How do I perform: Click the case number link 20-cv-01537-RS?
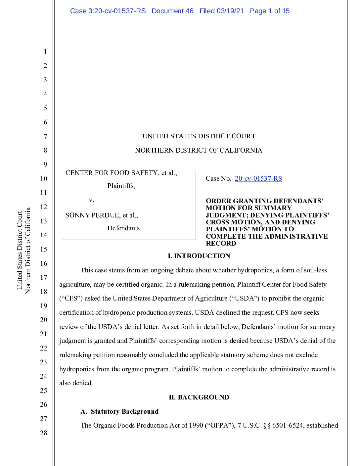pyautogui.click(x=258, y=179)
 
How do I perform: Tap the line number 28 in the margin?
pyautogui.click(x=44, y=433)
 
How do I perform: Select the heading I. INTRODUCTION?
pyautogui.click(x=199, y=256)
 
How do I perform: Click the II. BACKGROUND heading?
pyautogui.click(x=199, y=397)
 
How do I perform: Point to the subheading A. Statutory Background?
pyautogui.click(x=119, y=411)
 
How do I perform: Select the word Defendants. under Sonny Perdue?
pyautogui.click(x=124, y=228)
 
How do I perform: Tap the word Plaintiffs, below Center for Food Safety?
pyautogui.click(x=121, y=186)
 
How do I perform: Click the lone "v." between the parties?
pyautogui.click(x=92, y=200)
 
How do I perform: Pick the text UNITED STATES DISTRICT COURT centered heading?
pyautogui.click(x=199, y=136)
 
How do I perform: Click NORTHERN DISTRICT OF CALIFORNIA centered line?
pyautogui.click(x=199, y=151)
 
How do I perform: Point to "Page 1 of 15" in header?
pyautogui.click(x=270, y=11)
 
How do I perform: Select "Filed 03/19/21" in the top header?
pyautogui.click(x=222, y=11)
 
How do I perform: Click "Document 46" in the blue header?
pyautogui.click(x=172, y=11)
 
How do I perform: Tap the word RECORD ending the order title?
pyautogui.click(x=221, y=244)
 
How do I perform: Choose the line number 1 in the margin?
pyautogui.click(x=45, y=52)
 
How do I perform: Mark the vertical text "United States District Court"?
pyautogui.click(x=20, y=250)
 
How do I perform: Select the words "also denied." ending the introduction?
pyautogui.click(x=76, y=383)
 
